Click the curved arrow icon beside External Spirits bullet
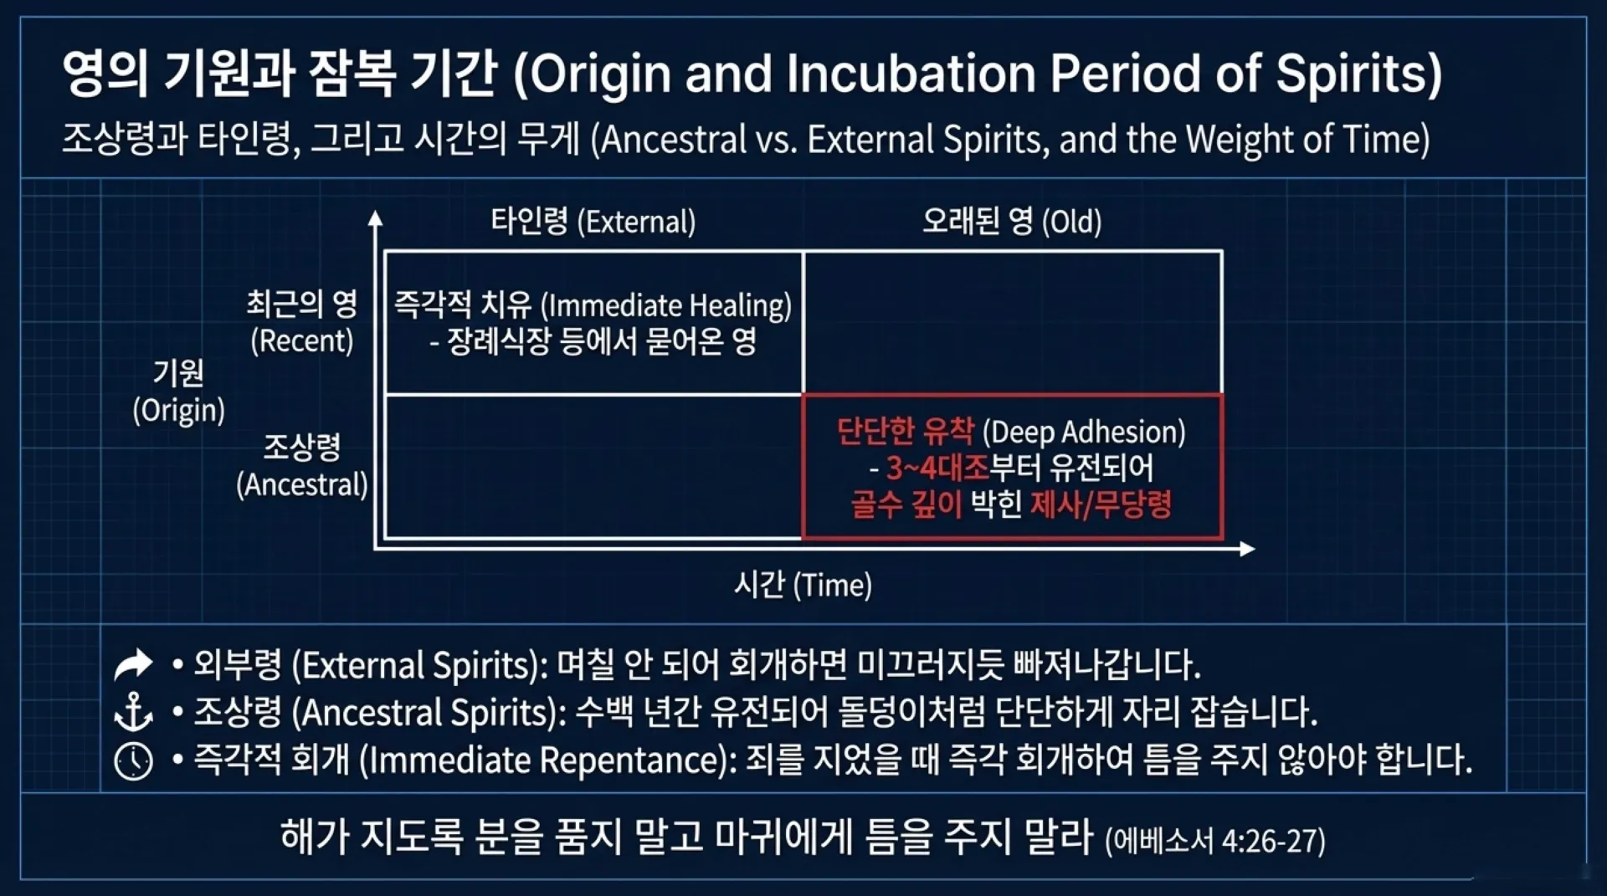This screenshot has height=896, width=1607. pos(133,664)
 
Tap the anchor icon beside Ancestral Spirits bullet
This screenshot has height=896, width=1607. pos(133,712)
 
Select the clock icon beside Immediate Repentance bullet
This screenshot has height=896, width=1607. pos(133,761)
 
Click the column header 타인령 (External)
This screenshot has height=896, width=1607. pos(593,222)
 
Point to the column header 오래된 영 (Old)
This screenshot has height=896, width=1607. pos(1012,222)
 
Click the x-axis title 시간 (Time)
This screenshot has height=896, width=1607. pos(803,585)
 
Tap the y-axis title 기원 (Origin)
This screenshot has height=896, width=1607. pos(178,391)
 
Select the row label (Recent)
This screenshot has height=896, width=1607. pos(302,341)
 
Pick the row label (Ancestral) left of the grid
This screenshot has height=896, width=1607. pos(302,484)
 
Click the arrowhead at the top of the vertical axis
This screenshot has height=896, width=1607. pos(376,218)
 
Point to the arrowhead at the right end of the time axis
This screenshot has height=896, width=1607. pos(1247,549)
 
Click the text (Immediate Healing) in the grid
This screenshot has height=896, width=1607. pos(666,305)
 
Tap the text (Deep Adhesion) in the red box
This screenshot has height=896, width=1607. pos(1084,432)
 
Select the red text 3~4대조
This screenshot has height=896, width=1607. pos(938,468)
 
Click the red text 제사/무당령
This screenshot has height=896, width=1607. pos(1101,504)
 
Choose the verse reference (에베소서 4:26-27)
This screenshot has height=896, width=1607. pos(1215,841)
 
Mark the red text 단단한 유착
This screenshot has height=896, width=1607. pos(906,432)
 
